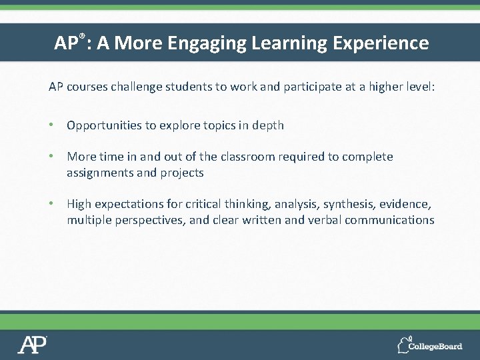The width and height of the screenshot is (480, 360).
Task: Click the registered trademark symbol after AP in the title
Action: coord(83,37)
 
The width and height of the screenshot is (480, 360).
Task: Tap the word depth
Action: coord(268,125)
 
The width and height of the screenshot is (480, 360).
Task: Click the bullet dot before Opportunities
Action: coord(51,125)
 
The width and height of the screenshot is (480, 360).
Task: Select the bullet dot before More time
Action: coord(51,157)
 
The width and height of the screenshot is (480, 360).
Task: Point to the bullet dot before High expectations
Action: coord(51,204)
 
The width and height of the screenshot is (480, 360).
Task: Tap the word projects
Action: coord(182,173)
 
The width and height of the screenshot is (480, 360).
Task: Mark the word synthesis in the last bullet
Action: coord(346,204)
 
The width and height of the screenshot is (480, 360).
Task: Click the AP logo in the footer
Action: coord(32,345)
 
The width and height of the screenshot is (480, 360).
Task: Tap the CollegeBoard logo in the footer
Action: coord(429,345)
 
